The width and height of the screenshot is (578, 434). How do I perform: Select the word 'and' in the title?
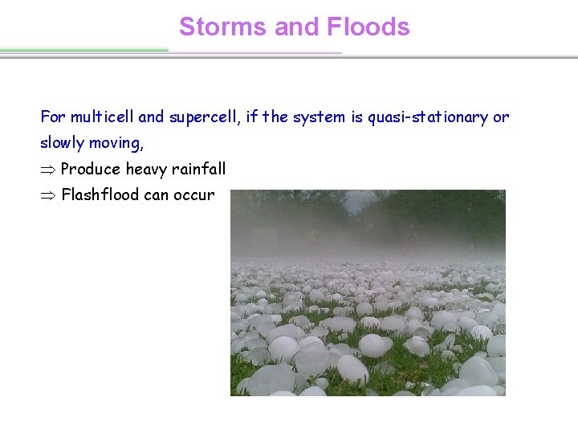(295, 27)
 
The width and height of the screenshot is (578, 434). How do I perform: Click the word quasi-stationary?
(429, 117)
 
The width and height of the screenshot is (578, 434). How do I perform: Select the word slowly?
(63, 143)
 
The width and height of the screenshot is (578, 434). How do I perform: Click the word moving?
(116, 143)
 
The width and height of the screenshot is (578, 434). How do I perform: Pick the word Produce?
(90, 170)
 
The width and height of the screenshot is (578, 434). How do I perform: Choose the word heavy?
(146, 170)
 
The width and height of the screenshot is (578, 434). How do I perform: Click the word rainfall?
(199, 170)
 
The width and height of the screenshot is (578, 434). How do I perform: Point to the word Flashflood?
(100, 195)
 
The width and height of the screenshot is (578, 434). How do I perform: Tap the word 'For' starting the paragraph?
(51, 117)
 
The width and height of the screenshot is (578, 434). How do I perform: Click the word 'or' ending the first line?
(501, 117)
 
